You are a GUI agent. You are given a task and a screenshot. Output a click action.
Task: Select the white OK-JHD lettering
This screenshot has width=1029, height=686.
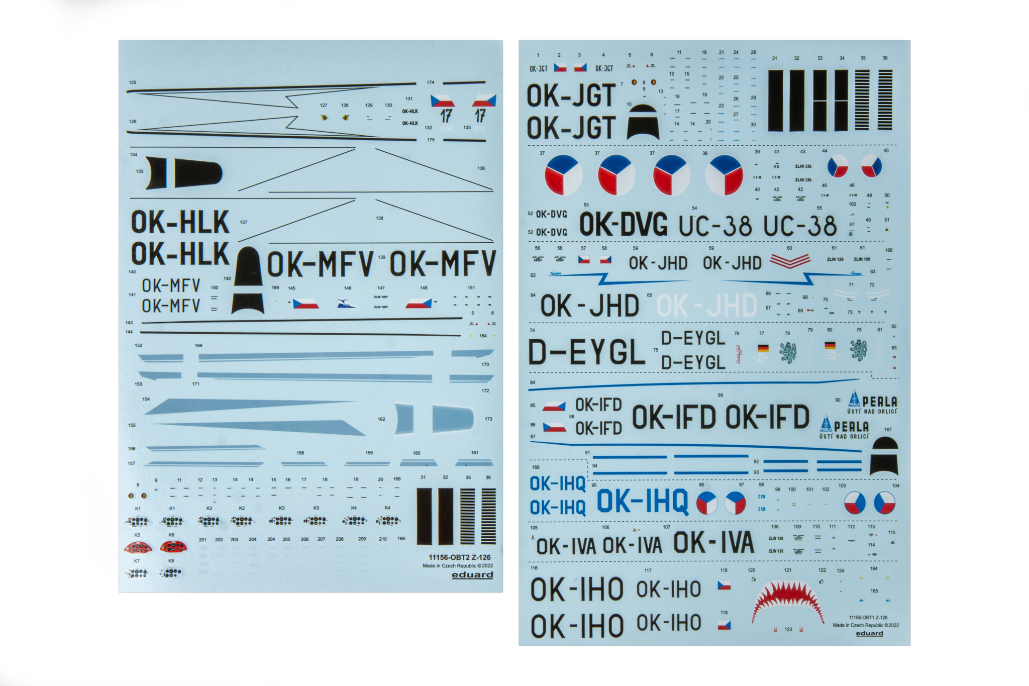(x=706, y=306)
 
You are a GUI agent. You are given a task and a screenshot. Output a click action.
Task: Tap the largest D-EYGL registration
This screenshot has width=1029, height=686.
(x=586, y=352)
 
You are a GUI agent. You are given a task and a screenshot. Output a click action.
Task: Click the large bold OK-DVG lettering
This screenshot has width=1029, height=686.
(x=624, y=225)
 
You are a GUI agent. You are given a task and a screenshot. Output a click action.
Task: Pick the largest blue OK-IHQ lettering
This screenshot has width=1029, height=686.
(x=642, y=501)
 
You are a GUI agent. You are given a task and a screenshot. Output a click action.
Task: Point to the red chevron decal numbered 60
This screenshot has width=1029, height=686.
(x=790, y=261)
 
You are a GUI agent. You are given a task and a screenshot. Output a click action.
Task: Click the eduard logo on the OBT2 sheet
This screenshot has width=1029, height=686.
(x=472, y=575)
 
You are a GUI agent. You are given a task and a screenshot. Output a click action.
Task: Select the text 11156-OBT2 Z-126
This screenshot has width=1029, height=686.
(x=459, y=557)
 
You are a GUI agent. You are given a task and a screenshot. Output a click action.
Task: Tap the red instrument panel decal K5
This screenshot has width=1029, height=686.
(x=138, y=547)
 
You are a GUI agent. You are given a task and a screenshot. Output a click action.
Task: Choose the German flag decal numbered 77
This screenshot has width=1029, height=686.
(x=763, y=348)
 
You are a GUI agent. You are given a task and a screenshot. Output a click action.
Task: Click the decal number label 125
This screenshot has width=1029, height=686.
(x=133, y=82)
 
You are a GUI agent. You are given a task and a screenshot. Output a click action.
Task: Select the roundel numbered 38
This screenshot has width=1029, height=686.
(x=724, y=175)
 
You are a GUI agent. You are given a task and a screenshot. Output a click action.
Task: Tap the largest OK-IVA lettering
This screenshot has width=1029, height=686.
(x=713, y=543)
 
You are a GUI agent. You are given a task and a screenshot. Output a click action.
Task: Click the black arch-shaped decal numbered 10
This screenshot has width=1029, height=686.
(x=643, y=122)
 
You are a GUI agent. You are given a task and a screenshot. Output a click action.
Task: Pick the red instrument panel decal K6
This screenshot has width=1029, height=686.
(x=173, y=547)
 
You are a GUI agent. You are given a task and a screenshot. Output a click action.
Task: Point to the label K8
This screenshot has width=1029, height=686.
(x=171, y=561)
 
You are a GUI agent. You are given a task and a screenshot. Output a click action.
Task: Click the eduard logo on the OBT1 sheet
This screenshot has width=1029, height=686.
(x=869, y=633)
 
